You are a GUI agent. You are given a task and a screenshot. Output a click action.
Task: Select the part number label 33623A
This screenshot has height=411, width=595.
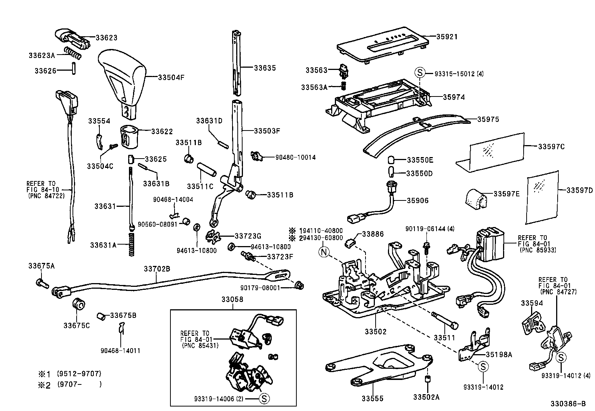41,55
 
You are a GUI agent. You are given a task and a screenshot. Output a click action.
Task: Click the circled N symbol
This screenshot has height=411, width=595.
324,252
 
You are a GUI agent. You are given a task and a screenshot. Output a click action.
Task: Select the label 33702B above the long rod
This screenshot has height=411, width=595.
157,269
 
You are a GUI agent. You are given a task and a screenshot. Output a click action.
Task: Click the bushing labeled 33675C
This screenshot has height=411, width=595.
78,304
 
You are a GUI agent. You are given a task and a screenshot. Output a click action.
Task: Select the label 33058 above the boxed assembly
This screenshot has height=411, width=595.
232,300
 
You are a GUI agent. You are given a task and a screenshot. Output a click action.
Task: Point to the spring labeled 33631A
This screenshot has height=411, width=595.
131,245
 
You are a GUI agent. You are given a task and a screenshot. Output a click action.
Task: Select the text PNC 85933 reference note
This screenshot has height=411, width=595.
537,250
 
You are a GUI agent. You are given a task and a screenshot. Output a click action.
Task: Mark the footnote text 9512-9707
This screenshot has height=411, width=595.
79,374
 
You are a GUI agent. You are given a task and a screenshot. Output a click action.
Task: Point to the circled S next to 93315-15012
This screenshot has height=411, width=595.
420,73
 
